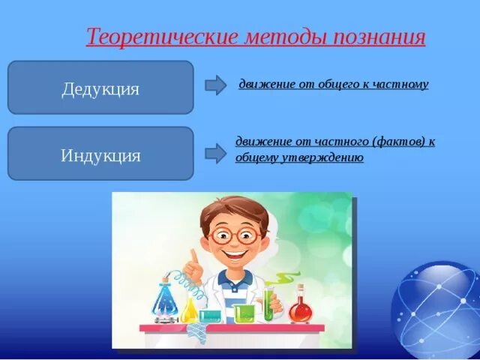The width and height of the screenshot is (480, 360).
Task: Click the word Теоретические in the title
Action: point(162,37)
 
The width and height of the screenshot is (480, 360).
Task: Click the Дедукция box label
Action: point(100,89)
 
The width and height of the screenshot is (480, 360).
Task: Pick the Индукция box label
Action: point(100,155)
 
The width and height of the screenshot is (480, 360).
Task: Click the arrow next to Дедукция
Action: point(215,85)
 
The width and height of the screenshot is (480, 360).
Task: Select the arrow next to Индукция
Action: point(215,153)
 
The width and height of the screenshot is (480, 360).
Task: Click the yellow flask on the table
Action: point(189,310)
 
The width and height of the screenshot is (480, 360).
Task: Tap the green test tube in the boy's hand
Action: point(268,304)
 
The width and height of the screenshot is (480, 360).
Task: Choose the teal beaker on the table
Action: point(210,316)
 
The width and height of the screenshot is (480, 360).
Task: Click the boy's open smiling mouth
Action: point(235,255)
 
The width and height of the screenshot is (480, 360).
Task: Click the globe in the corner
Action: point(436,310)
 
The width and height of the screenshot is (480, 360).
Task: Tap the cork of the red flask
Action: point(301,287)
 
